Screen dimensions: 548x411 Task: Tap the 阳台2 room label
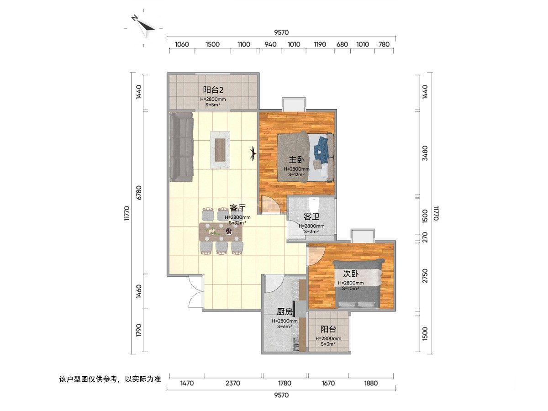(x=213, y=90)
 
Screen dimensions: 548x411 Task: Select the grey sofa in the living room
(x=182, y=147)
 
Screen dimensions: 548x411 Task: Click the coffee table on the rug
(x=220, y=150)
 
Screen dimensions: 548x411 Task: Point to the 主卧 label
(x=296, y=160)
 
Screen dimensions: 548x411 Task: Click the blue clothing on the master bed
(x=322, y=149)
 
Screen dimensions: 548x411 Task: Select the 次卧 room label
(x=351, y=274)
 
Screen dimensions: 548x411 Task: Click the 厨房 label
(x=285, y=312)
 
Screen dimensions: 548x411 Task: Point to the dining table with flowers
(x=221, y=232)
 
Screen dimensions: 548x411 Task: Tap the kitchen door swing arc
(x=274, y=284)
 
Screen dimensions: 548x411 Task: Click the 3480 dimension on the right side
(x=425, y=153)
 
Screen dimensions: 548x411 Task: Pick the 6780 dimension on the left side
(x=139, y=192)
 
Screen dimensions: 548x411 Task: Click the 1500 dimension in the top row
(x=212, y=44)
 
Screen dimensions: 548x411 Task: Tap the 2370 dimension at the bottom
(x=233, y=383)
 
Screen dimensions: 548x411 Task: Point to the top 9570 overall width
(x=281, y=32)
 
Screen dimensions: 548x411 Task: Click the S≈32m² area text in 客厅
(x=237, y=223)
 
